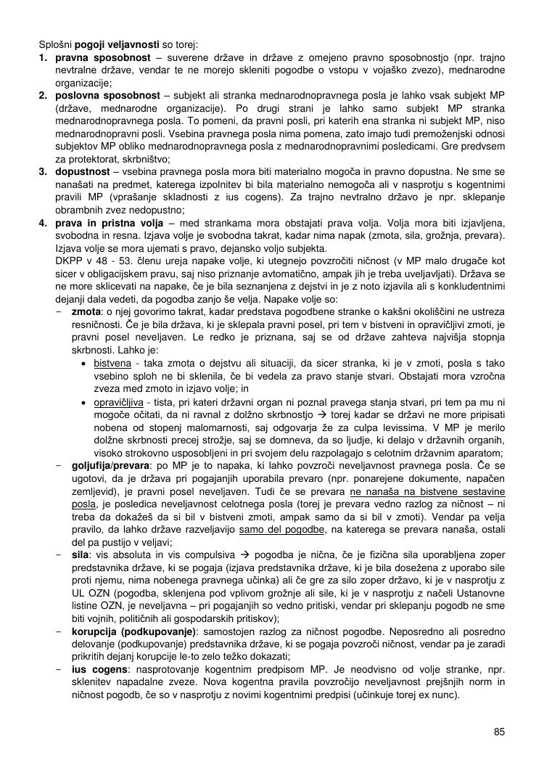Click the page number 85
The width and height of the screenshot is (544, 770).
[x=499, y=732]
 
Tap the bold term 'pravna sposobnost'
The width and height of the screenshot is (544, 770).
[x=102, y=57]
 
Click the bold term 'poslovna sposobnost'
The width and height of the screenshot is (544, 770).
[x=108, y=96]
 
